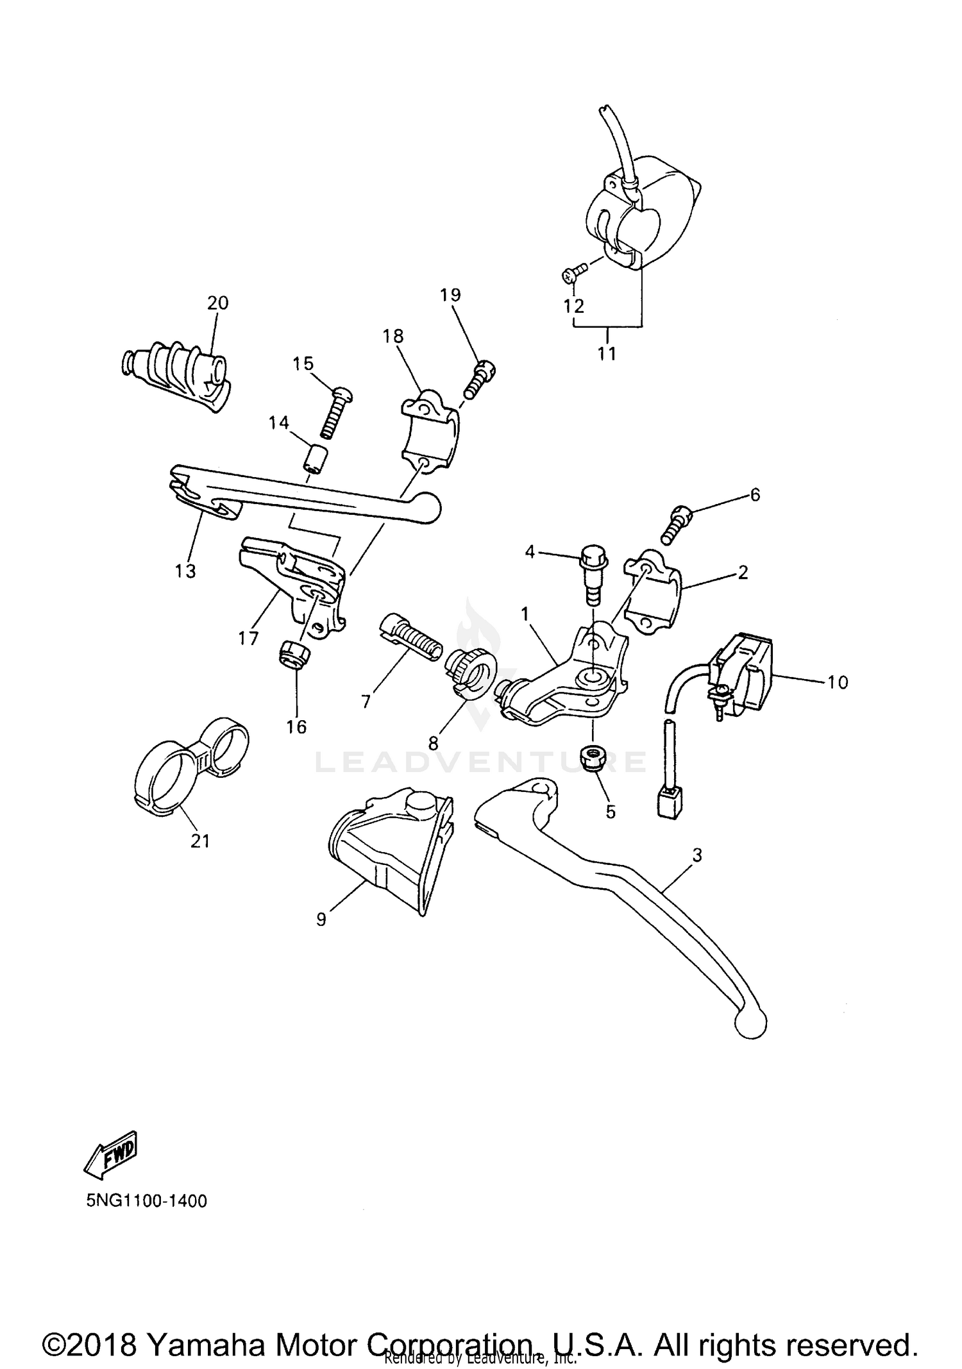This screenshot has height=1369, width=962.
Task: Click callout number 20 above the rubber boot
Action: click(217, 303)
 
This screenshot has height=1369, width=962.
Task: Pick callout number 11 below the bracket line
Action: click(607, 353)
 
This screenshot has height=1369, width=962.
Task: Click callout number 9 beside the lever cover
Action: click(321, 919)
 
